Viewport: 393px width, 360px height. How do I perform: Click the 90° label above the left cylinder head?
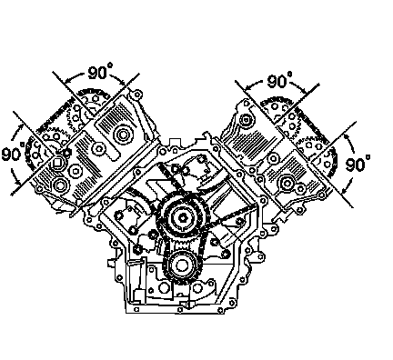pyautogui.click(x=100, y=72)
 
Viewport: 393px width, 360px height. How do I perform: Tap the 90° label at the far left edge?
pyautogui.click(x=13, y=153)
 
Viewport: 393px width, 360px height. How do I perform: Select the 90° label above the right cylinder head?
pyautogui.click(x=280, y=80)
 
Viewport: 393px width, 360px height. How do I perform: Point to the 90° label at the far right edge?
pyautogui.click(x=358, y=163)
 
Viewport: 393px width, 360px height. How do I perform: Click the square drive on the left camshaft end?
pyautogui.click(x=56, y=163)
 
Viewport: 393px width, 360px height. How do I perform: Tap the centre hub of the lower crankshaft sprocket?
pyautogui.click(x=182, y=265)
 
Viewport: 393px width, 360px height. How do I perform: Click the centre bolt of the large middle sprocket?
pyautogui.click(x=183, y=217)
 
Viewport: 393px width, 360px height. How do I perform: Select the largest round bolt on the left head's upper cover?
pyautogui.click(x=123, y=135)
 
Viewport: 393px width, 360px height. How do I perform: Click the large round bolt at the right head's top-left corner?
pyautogui.click(x=245, y=119)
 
